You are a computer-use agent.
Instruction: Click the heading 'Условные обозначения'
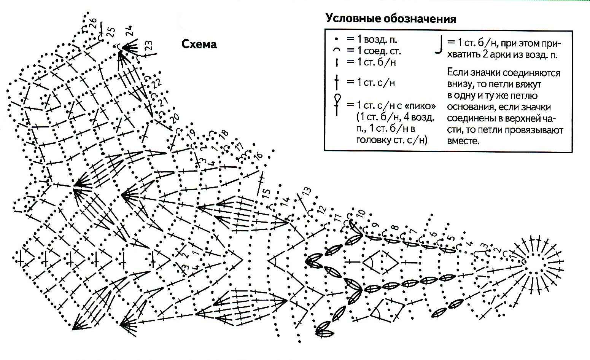[x=391, y=18]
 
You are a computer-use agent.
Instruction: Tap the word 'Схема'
[x=199, y=44]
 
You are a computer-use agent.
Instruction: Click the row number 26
[x=93, y=23]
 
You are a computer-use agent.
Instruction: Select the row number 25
[x=111, y=32]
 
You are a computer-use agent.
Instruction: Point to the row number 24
[x=129, y=30]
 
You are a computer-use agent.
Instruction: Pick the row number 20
[x=174, y=118]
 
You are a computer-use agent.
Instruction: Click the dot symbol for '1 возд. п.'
[x=336, y=39]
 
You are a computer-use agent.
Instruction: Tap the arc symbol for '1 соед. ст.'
[x=336, y=49]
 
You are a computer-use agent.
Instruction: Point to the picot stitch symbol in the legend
[x=337, y=104]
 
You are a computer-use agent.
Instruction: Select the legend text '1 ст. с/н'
[x=376, y=83]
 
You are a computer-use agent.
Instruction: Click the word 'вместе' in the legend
[x=463, y=141]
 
